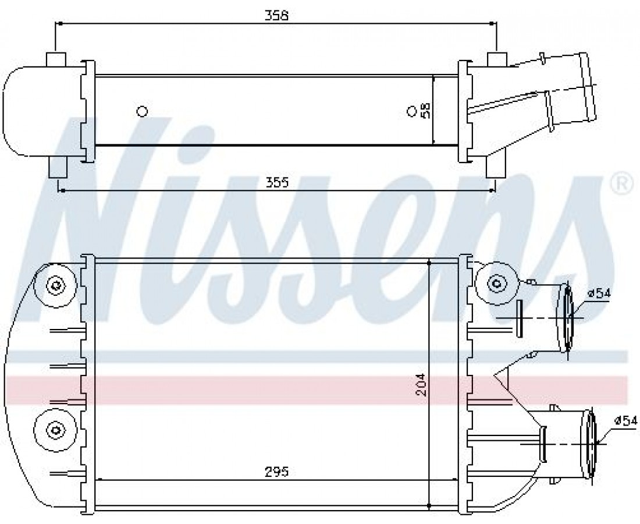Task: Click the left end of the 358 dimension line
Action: (55, 24)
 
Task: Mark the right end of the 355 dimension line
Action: (496, 190)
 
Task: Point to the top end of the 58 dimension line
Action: (433, 76)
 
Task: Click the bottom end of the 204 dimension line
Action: (429, 507)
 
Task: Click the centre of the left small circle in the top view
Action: (141, 111)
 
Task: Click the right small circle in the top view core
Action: (411, 111)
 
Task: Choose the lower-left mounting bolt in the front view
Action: (54, 429)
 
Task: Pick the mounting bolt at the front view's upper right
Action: (497, 282)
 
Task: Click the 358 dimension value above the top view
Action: (276, 16)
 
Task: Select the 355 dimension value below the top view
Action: (277, 182)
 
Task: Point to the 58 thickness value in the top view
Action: (426, 110)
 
